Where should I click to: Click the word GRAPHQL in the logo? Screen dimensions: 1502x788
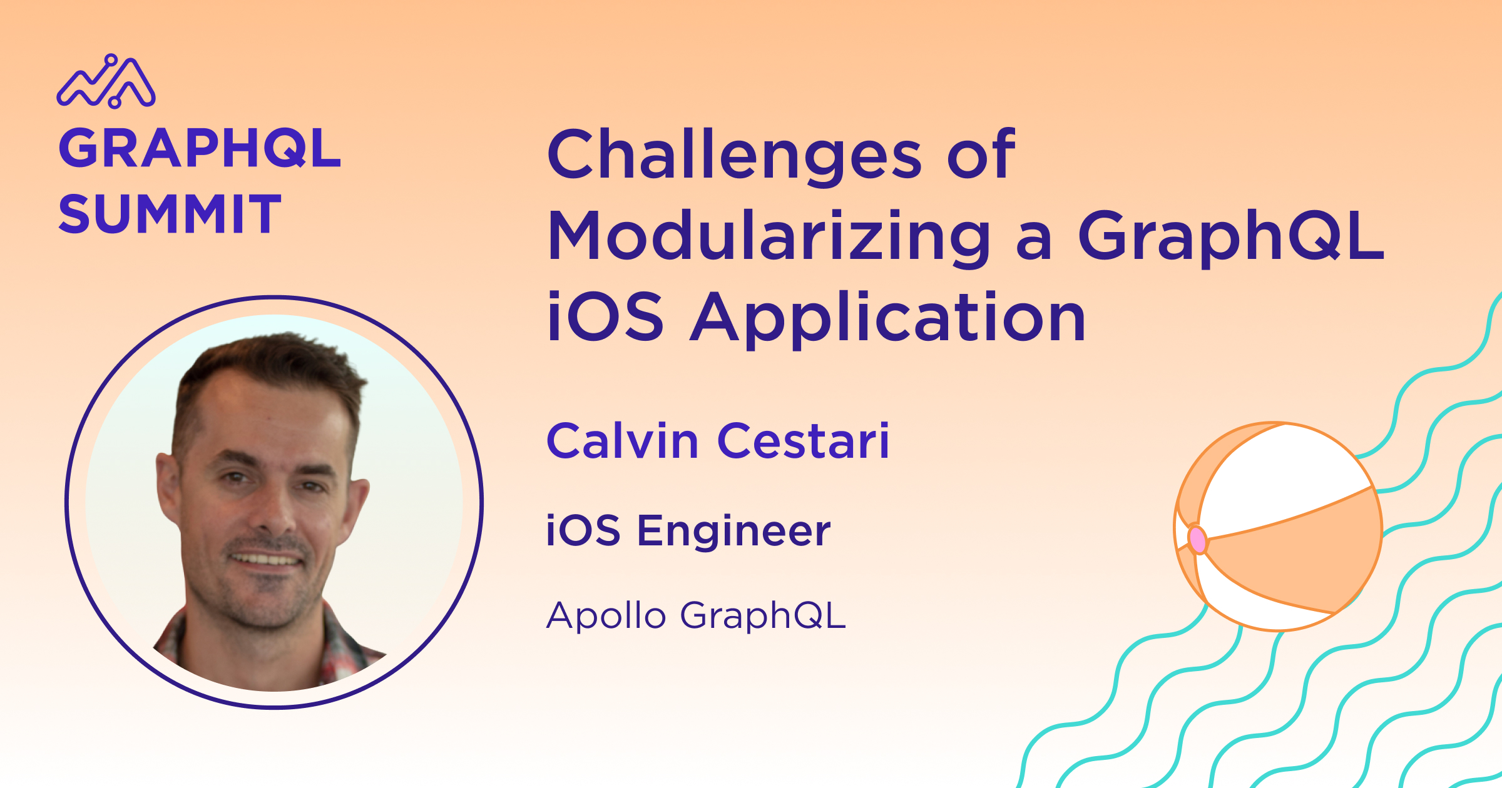click(200, 148)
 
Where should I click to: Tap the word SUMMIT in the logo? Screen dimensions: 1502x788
click(170, 214)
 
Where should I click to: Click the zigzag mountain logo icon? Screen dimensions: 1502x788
click(106, 81)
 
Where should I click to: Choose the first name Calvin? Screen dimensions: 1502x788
click(623, 441)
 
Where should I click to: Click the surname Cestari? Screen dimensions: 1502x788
click(804, 441)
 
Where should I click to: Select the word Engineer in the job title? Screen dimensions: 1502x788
click(734, 532)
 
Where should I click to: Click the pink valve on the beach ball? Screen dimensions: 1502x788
click(1197, 539)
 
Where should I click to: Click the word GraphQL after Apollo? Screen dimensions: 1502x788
click(763, 616)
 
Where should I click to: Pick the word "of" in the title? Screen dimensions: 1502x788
click(981, 155)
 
